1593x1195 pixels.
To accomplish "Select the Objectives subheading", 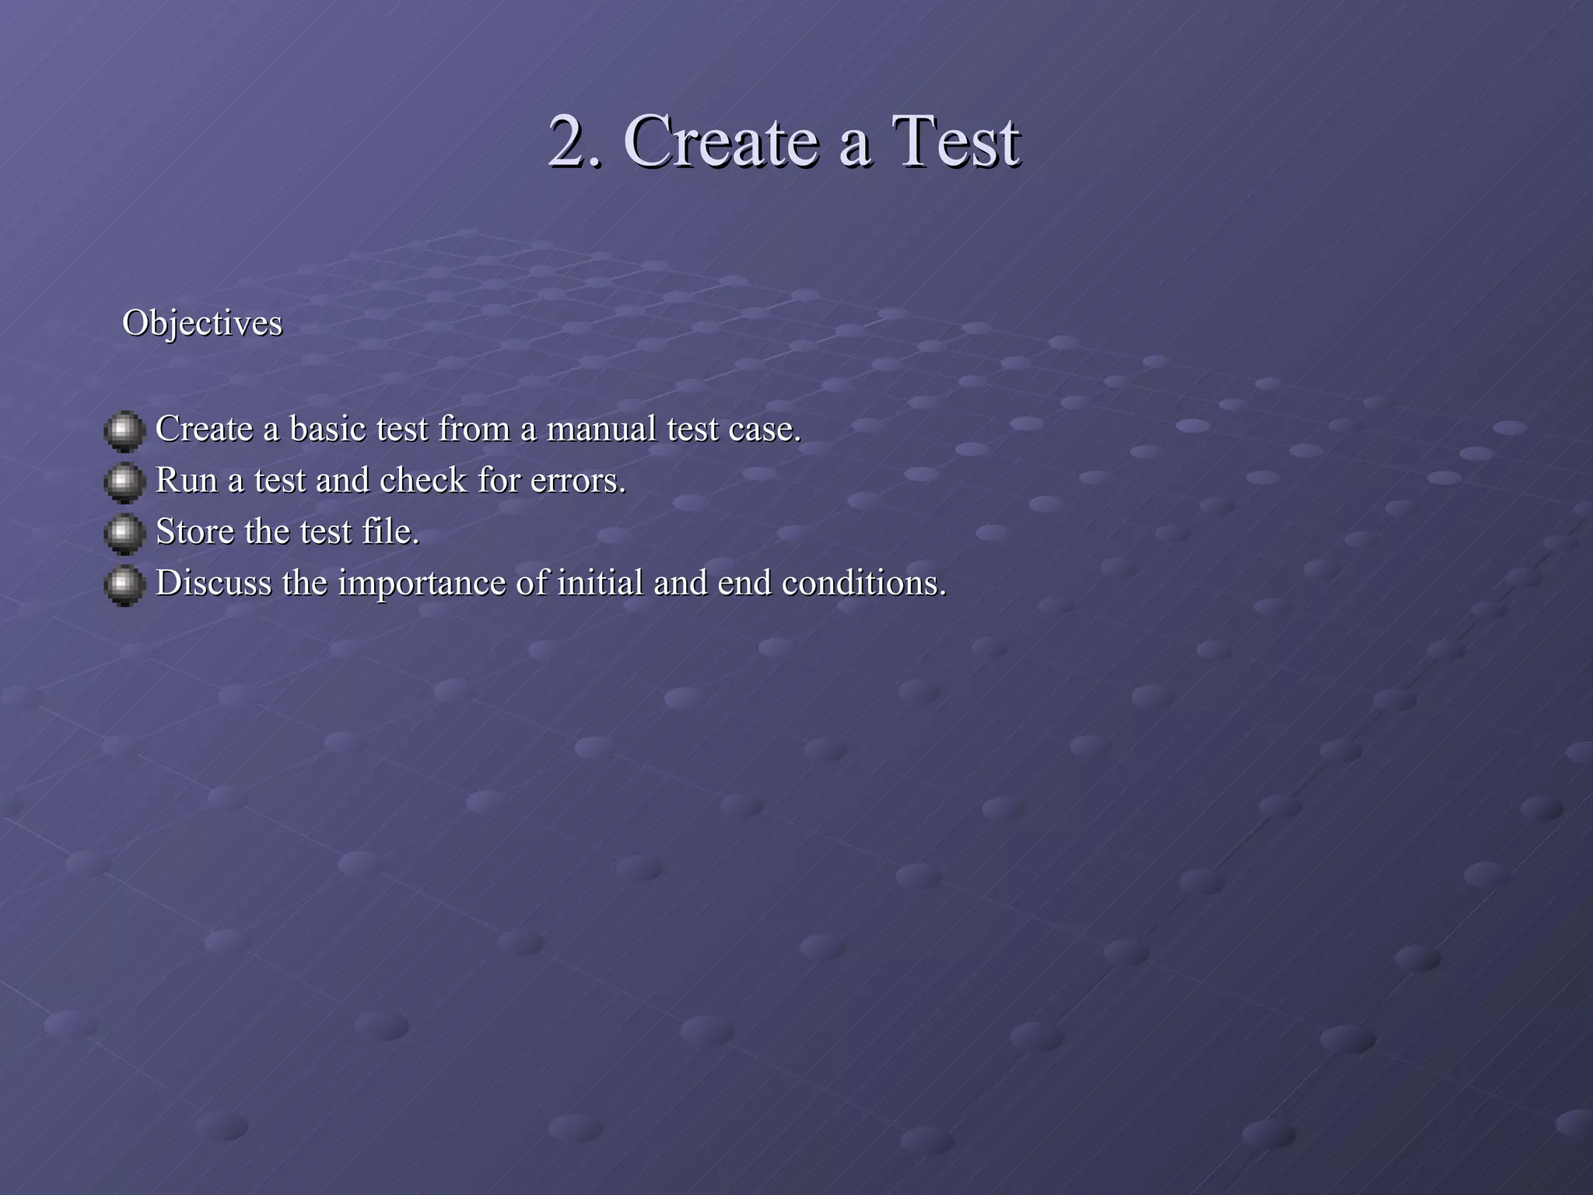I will coord(202,323).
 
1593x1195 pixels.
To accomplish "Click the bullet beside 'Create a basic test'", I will coord(124,430).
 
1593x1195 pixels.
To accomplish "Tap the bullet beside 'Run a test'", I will coord(124,482).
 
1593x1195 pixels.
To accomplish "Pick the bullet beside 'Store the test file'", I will coord(124,533).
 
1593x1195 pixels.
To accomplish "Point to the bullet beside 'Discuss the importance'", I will coord(124,584).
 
